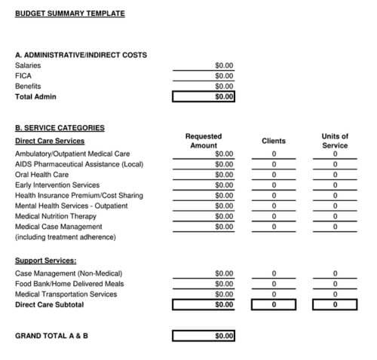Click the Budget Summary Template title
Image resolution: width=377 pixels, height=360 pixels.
click(x=70, y=13)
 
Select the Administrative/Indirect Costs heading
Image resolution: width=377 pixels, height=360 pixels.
click(x=81, y=55)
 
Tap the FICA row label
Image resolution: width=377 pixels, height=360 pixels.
click(x=23, y=75)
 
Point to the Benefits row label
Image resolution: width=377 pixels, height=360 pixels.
click(x=28, y=86)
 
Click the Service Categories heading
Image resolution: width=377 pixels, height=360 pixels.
click(x=60, y=128)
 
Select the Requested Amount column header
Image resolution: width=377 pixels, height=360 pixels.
click(x=204, y=141)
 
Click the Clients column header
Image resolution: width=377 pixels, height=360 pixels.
click(x=274, y=141)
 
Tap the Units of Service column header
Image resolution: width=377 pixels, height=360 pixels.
click(x=335, y=141)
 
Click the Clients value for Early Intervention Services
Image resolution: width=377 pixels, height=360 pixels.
click(x=274, y=185)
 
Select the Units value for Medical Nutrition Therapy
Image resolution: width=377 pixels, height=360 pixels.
click(x=335, y=216)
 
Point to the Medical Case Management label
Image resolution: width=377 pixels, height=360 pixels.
click(x=58, y=227)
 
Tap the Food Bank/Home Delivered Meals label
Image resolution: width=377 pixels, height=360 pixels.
click(x=69, y=284)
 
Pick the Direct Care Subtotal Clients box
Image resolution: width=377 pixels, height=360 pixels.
click(x=274, y=305)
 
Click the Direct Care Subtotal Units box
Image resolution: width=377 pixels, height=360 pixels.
click(x=335, y=305)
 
